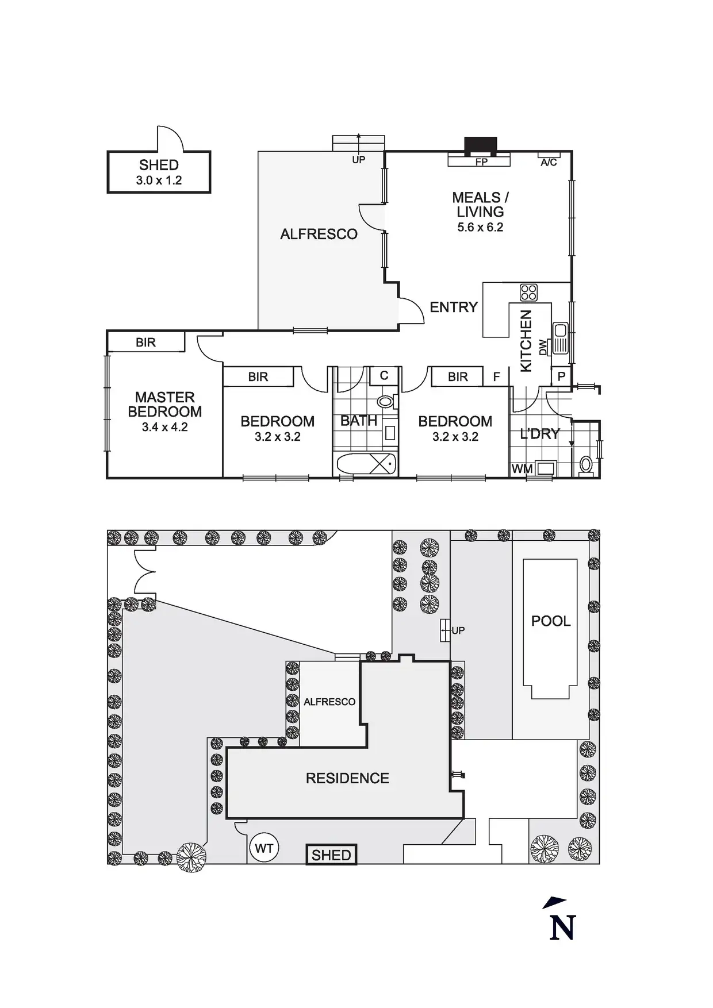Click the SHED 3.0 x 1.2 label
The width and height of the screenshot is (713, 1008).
159,172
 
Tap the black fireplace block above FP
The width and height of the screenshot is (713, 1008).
480,146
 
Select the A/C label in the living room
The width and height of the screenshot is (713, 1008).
549,163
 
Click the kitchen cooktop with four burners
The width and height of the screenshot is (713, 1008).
528,293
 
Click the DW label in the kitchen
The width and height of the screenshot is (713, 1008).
543,347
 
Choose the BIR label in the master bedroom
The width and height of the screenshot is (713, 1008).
145,343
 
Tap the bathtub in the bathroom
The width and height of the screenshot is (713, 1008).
367,464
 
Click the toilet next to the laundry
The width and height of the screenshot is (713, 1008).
586,464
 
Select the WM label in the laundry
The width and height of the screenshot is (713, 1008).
522,469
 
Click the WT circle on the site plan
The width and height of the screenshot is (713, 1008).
264,848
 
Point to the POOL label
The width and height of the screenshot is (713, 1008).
550,621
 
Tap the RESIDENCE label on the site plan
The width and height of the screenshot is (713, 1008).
347,778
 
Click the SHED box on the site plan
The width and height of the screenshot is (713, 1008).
331,855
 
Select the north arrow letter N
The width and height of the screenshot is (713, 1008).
562,928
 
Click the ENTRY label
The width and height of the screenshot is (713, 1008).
454,307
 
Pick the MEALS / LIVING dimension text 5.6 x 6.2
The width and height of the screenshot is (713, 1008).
480,227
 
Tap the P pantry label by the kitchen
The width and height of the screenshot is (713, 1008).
562,376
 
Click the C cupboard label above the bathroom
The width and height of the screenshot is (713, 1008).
384,376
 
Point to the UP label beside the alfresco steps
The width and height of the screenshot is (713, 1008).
358,160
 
